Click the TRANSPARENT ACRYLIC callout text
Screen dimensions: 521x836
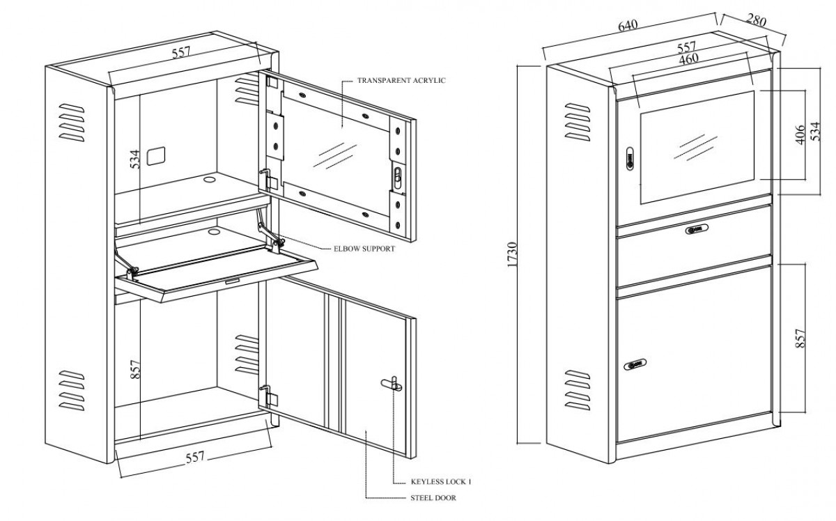pyautogui.click(x=401, y=81)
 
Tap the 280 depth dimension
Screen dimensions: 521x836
pyautogui.click(x=756, y=20)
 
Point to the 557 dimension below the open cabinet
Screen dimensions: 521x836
pyautogui.click(x=195, y=457)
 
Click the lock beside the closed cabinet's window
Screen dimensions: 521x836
pyautogui.click(x=630, y=159)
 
